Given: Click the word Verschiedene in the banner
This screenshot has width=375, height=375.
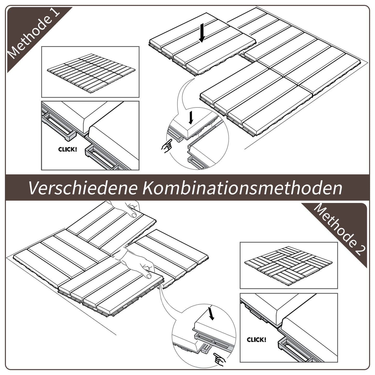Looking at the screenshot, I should click(83, 188).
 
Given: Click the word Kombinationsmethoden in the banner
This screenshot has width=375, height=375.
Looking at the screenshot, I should click(242, 188).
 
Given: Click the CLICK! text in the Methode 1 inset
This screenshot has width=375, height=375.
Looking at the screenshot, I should click(67, 149).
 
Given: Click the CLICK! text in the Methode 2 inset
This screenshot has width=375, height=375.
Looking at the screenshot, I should click(256, 340).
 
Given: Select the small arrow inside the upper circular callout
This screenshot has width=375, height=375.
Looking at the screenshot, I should click(191, 118).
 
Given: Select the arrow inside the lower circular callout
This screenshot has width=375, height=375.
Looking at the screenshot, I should click(211, 313).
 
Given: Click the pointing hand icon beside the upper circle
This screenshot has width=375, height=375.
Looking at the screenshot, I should click(167, 146).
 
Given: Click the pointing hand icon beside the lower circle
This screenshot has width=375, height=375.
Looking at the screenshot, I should click(219, 359).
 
